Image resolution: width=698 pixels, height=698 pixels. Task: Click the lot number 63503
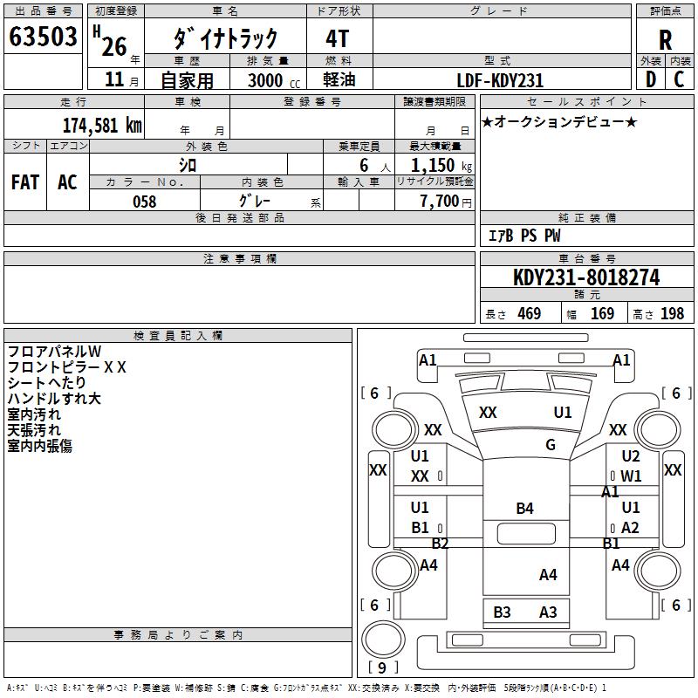[43, 38]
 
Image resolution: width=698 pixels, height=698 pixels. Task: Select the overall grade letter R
[665, 39]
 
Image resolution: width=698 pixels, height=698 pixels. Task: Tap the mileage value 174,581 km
[102, 125]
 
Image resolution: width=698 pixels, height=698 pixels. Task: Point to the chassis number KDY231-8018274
[586, 278]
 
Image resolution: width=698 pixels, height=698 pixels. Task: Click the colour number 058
[144, 202]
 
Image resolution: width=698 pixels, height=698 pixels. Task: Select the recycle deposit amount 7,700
[434, 202]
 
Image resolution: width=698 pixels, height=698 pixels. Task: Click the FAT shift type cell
[25, 182]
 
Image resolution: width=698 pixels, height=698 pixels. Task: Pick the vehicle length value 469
[529, 314]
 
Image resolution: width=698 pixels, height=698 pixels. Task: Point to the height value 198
[673, 314]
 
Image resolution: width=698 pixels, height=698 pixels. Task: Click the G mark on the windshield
[551, 445]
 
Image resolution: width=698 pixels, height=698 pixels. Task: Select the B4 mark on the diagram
[524, 509]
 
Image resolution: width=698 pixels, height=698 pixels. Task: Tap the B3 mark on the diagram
[502, 612]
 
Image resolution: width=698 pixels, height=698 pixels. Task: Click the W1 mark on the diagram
[631, 476]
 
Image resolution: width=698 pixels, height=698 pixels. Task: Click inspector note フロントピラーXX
[67, 367]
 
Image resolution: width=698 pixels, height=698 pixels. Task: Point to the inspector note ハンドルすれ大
[54, 399]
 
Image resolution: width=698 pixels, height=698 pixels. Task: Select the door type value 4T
[339, 38]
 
